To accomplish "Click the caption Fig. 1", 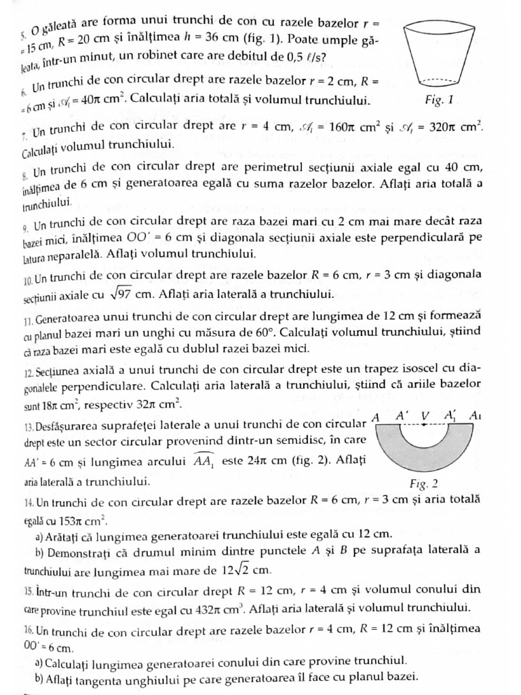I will pos(438,100).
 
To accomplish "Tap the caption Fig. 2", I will pos(424,484).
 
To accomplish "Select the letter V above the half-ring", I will pos(425,415).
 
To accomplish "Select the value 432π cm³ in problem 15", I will pos(216,607).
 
